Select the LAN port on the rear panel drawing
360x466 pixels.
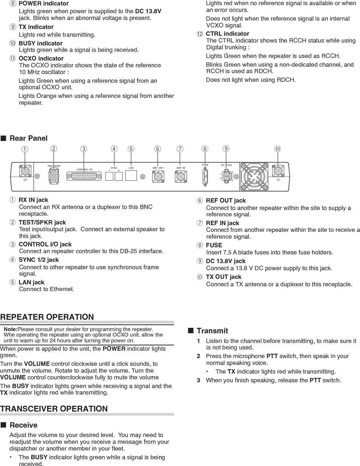point(131,176)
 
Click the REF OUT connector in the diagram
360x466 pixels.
point(158,176)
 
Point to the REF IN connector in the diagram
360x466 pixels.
point(181,176)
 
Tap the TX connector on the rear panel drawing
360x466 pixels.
point(278,171)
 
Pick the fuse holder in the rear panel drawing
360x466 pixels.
point(205,176)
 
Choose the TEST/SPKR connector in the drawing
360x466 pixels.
point(54,176)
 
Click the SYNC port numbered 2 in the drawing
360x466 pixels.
point(118,176)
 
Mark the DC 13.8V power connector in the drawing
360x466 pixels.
point(227,176)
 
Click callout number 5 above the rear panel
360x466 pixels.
point(131,149)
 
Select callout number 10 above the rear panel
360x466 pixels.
point(278,149)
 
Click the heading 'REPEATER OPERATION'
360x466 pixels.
point(47,317)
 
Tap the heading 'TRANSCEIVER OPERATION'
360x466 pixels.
point(54,409)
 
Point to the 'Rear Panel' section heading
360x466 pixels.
point(28,138)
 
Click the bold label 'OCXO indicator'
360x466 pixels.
point(41,58)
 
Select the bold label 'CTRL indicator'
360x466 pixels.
point(227,33)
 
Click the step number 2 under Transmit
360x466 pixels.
point(198,356)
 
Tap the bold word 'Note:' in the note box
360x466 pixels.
point(10,329)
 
